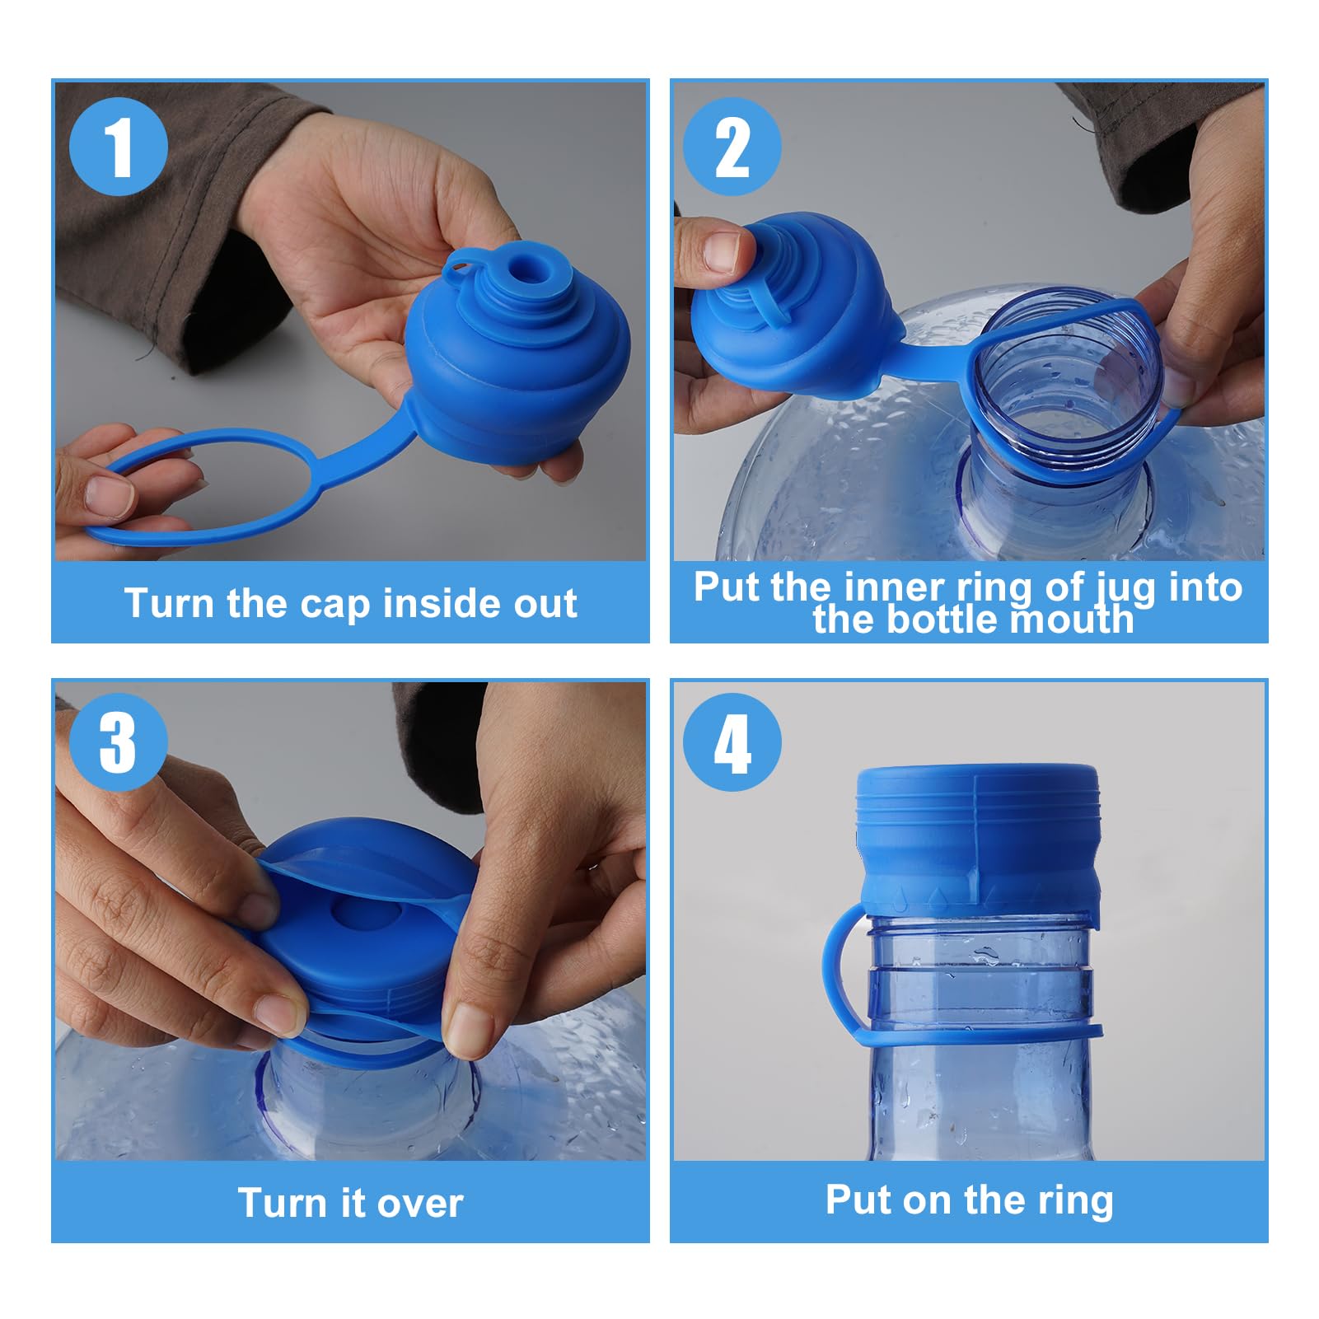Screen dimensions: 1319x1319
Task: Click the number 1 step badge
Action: pyautogui.click(x=119, y=147)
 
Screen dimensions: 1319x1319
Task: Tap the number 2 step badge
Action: pyautogui.click(x=732, y=147)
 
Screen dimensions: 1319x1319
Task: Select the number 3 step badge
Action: pyautogui.click(x=119, y=742)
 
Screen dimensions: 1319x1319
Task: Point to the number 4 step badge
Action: pyautogui.click(x=732, y=742)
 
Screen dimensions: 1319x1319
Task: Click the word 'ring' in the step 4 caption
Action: pyautogui.click(x=1075, y=1200)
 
